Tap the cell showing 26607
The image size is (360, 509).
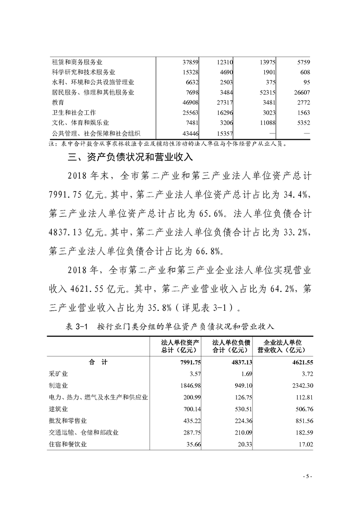pyautogui.click(x=300, y=93)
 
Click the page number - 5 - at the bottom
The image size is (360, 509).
pyautogui.click(x=307, y=476)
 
